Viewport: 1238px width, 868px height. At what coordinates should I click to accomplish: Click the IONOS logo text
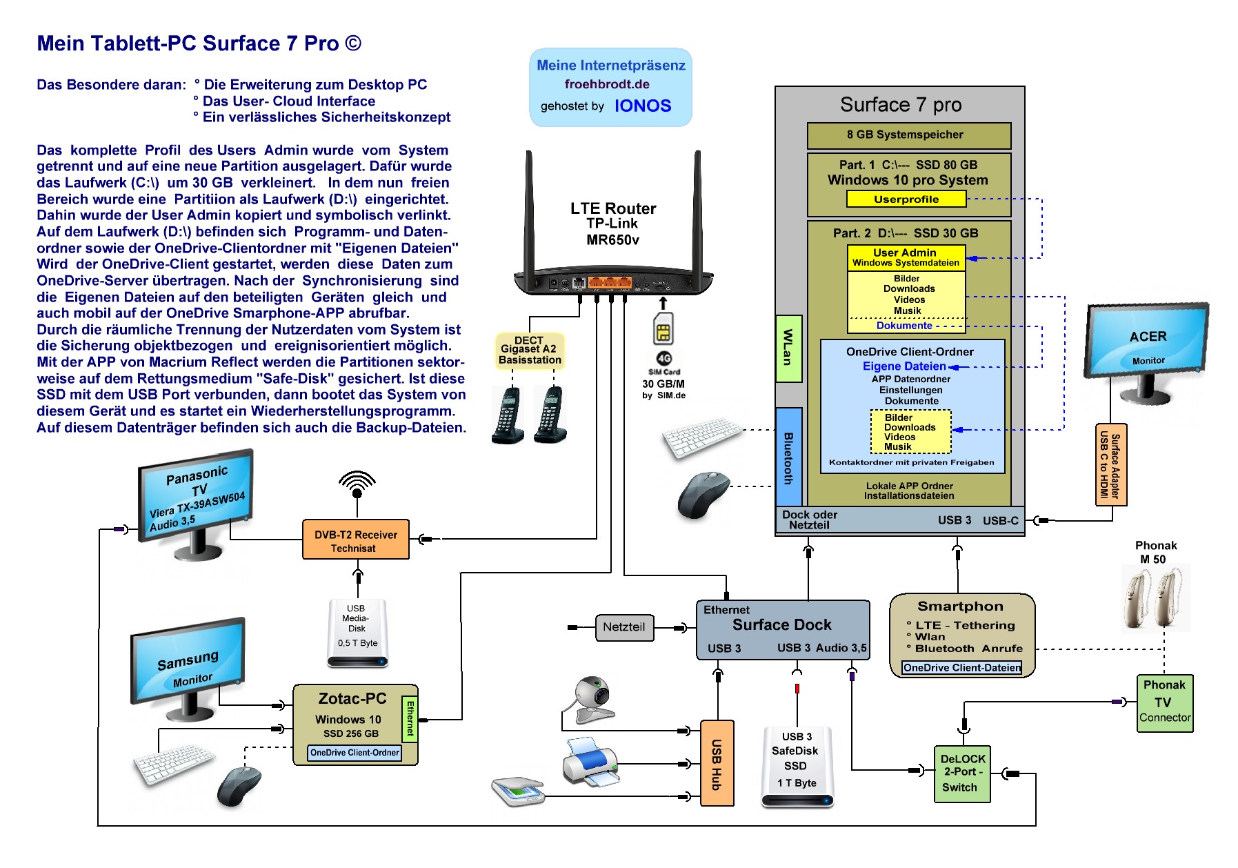point(642,106)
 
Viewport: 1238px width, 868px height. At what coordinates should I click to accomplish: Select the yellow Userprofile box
point(906,199)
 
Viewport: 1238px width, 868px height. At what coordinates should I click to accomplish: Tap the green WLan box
point(788,348)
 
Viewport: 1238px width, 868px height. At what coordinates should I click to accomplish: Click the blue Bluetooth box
point(788,457)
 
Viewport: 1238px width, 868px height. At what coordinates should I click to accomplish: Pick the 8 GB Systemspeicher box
point(908,135)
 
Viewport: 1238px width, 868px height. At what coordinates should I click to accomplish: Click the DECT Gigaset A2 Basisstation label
point(530,351)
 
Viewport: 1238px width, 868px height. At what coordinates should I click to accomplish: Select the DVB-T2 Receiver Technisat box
point(356,540)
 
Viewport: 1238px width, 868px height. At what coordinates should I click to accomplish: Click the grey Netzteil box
point(624,627)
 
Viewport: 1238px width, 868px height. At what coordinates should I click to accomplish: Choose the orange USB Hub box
point(717,763)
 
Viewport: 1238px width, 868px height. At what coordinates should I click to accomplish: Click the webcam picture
point(591,698)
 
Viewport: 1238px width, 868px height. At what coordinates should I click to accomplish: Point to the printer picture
point(590,762)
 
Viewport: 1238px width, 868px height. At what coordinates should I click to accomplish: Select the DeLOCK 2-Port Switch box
point(961,773)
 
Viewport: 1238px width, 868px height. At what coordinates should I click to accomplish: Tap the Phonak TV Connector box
point(1164,702)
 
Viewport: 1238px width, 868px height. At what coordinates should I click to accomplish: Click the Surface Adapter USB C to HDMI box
point(1110,464)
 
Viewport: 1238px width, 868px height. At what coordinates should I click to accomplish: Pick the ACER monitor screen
point(1146,340)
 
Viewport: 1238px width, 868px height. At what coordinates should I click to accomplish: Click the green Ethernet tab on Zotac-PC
point(410,718)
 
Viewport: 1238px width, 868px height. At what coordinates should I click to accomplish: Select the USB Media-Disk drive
point(357,632)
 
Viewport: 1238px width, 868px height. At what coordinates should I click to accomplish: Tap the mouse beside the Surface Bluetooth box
point(703,493)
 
